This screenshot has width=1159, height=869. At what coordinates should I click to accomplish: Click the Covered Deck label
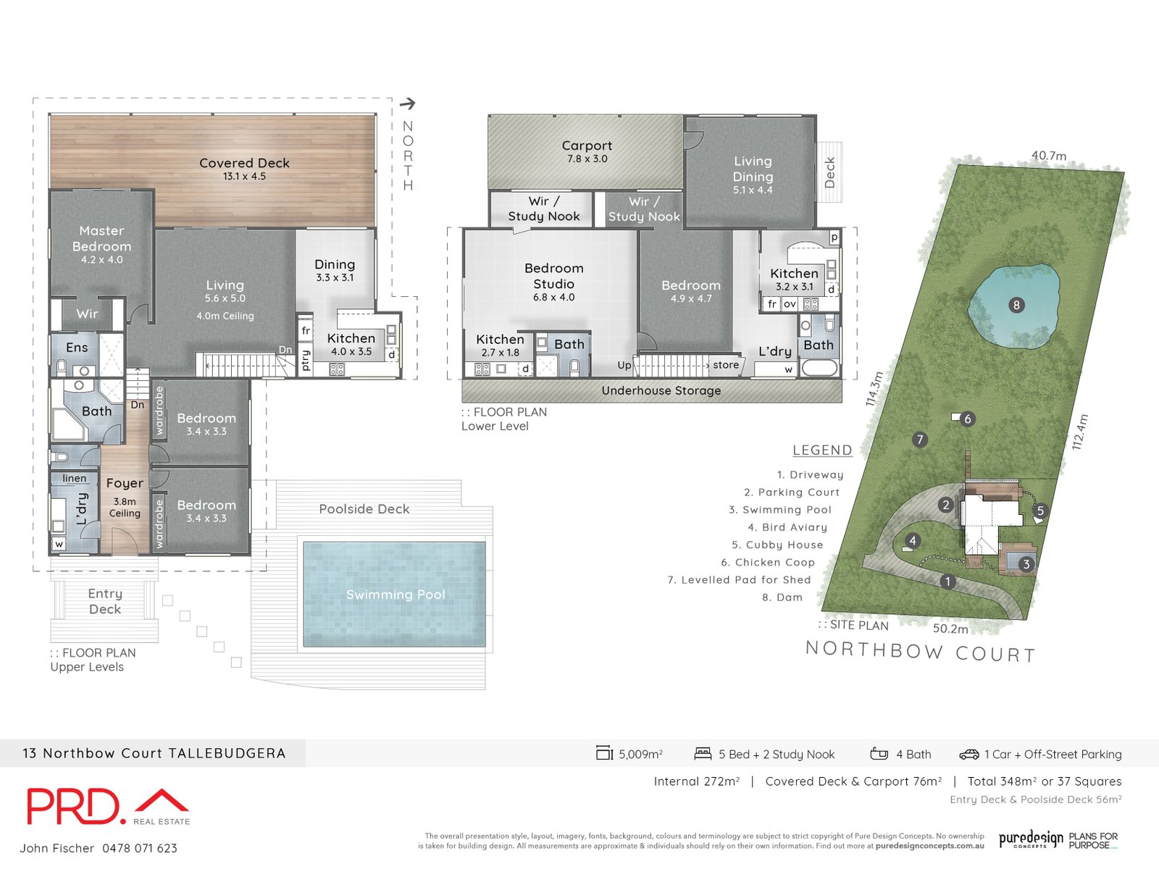coord(244,164)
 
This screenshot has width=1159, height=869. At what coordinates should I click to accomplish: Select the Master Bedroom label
coord(101,238)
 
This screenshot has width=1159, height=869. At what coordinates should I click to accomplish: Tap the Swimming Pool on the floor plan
coord(395,595)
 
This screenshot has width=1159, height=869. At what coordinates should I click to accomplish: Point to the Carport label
coord(587,146)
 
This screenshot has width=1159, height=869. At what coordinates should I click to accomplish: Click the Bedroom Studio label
coord(553,276)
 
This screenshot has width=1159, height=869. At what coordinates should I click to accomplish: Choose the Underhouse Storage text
coord(661,390)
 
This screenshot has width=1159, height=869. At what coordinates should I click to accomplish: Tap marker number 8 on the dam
coord(1016,305)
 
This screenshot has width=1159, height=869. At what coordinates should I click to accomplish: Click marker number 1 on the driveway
coord(947,582)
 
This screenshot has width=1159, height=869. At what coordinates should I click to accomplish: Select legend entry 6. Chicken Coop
coord(768,562)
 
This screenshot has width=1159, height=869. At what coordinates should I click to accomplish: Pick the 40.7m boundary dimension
coord(1048,156)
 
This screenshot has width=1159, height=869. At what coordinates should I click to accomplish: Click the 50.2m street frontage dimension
coord(950,629)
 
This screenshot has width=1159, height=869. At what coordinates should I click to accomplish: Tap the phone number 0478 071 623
coord(139,848)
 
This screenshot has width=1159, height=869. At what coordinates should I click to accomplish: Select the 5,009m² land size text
coord(640,754)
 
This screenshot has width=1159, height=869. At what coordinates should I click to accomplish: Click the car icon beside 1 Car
coord(968,755)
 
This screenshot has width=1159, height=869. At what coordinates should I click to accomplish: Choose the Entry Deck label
coord(105,601)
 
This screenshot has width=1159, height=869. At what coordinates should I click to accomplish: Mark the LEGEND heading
coord(822,450)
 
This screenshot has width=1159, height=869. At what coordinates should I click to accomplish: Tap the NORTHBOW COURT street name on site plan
coord(920,652)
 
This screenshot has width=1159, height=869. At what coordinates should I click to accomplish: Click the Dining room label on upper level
coord(335,264)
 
